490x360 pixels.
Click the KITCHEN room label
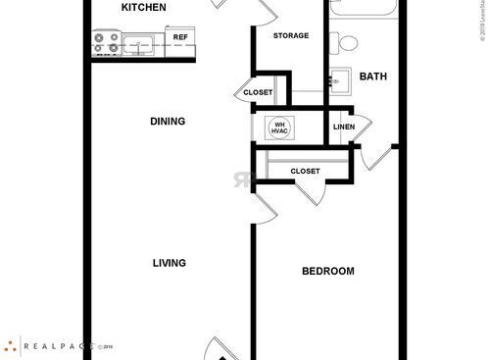coord(143,8)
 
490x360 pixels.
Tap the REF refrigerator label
coord(180,37)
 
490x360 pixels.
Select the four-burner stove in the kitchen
coord(106,43)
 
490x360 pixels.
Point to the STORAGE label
coord(290,35)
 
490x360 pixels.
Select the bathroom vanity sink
coord(340,79)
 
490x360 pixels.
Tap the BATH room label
coord(373,77)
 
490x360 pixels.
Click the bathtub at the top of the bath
coord(364,8)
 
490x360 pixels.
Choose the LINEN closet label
coord(343,127)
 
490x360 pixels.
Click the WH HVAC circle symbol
coord(277,128)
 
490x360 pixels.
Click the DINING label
coord(168,122)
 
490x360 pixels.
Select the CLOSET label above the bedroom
coord(305,172)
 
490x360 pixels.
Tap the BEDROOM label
coord(326,271)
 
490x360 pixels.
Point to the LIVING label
coord(170,263)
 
